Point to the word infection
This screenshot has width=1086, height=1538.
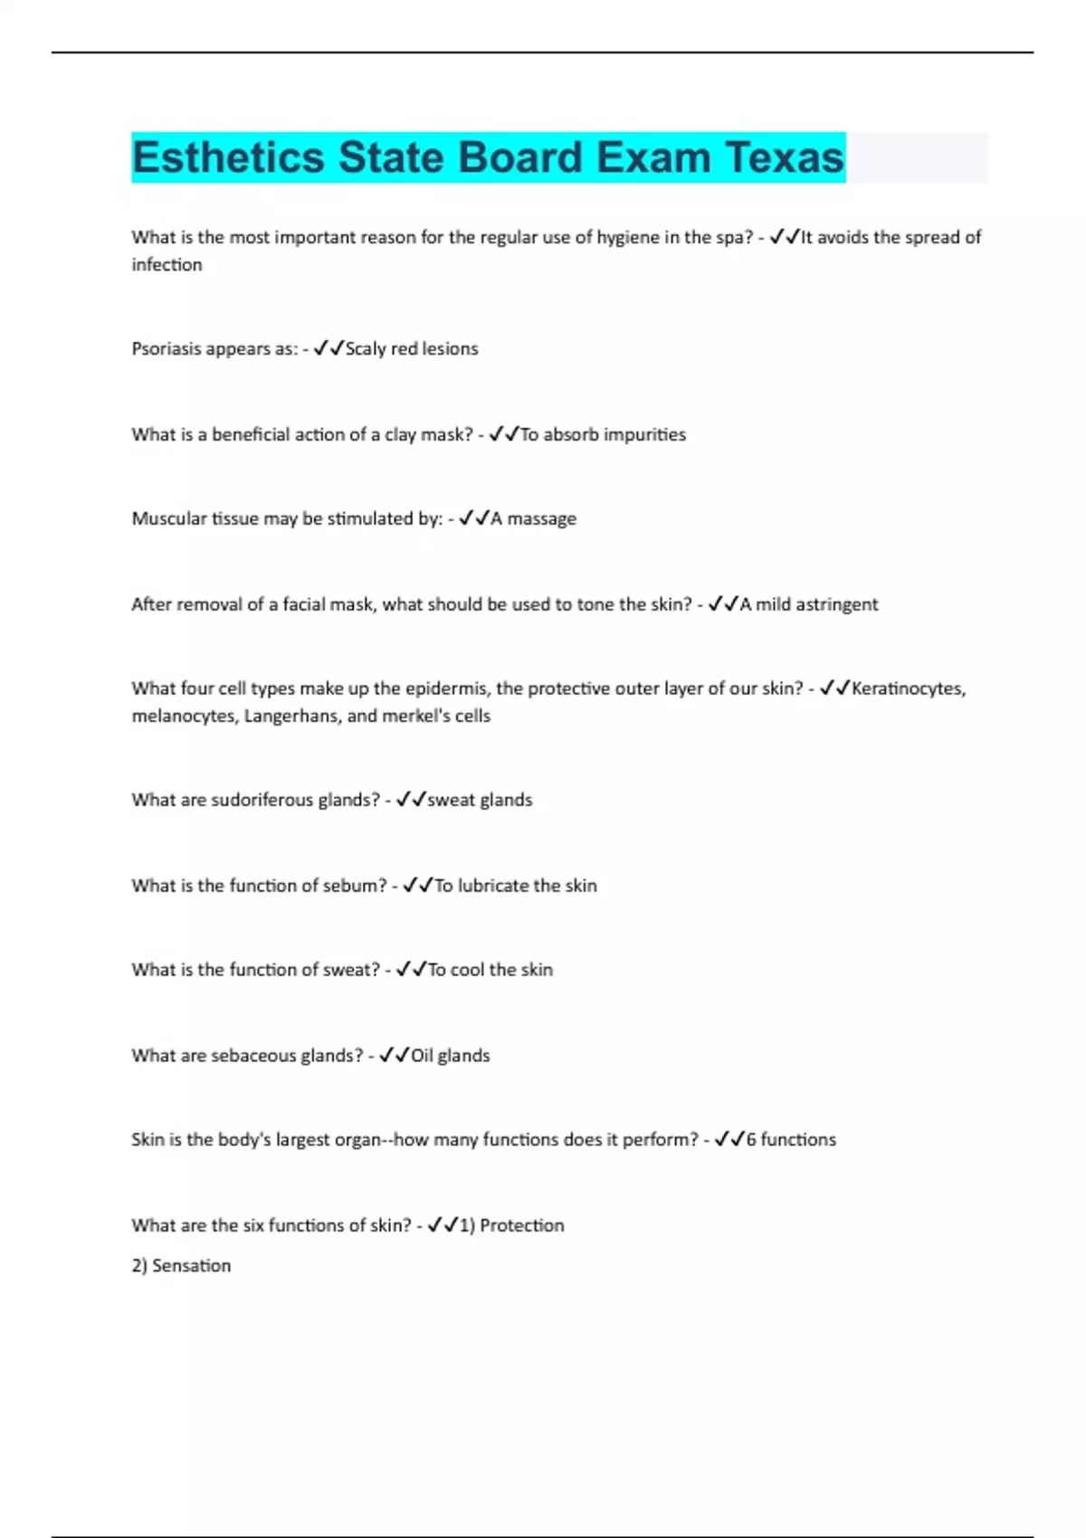click(x=167, y=265)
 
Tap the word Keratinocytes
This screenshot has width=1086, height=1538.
click(x=908, y=688)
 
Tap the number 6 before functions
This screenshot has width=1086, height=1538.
click(x=751, y=1140)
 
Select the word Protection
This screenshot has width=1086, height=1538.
click(x=521, y=1226)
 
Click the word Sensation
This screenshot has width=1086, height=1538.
click(x=191, y=1266)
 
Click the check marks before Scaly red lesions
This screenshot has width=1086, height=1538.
click(x=329, y=348)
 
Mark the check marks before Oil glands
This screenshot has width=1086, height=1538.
click(x=395, y=1055)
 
